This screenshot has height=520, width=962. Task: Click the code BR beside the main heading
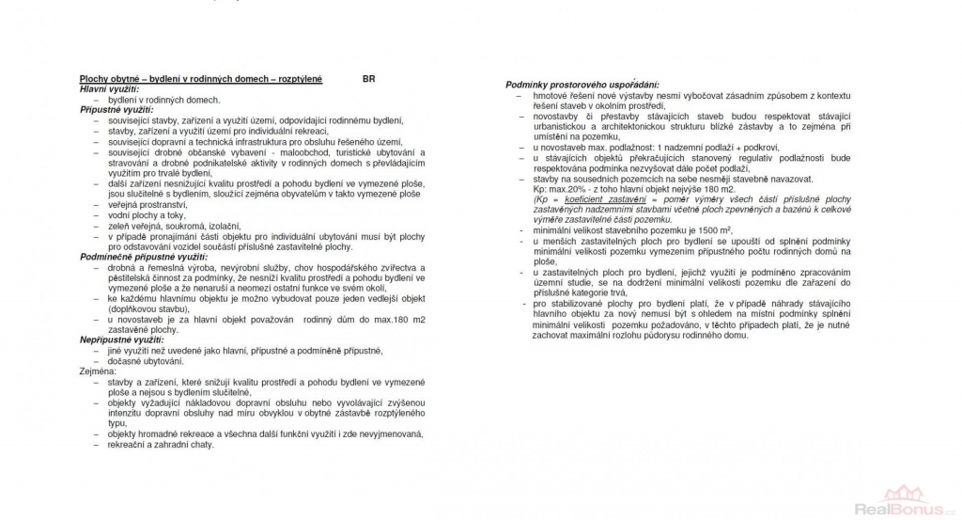pos(368,79)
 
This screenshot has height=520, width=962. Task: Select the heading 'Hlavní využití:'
pos(109,88)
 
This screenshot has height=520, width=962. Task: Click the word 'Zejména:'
pos(99,371)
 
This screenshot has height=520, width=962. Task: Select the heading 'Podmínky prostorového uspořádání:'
pos(582,86)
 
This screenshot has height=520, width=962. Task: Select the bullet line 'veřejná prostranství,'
pos(147,204)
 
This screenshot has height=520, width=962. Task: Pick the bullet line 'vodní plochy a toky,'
pos(147,214)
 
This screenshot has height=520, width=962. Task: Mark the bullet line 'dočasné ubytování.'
pos(146,361)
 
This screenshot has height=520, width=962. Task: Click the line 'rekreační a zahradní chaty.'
pos(162,444)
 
